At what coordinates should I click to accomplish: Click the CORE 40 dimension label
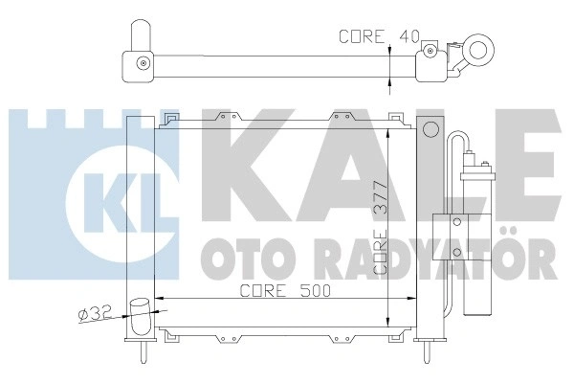[x=379, y=36]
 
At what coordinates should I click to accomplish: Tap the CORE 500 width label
[x=285, y=291]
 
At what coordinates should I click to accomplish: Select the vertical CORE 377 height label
[x=381, y=228]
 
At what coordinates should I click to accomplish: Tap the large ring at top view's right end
[x=478, y=50]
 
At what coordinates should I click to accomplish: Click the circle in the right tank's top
[x=430, y=129]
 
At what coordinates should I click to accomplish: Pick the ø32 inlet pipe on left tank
[x=141, y=316]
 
